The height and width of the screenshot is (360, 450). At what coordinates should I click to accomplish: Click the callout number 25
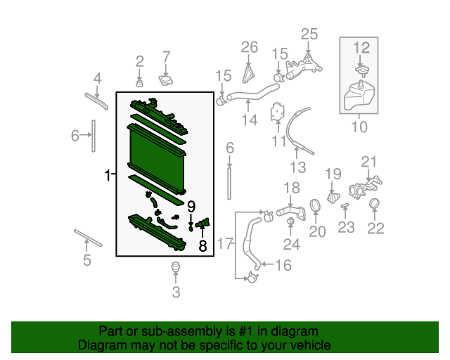(x=309, y=34)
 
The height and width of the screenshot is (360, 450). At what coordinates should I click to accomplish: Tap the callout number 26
(x=250, y=47)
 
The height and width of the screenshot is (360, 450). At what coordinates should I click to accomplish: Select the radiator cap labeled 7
(x=166, y=79)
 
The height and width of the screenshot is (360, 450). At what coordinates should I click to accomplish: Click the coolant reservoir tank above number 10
(x=359, y=96)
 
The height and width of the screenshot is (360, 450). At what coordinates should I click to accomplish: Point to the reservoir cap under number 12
(x=362, y=70)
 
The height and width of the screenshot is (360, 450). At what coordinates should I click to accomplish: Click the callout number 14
(x=250, y=120)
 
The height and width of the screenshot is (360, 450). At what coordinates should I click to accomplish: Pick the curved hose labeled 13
(x=298, y=129)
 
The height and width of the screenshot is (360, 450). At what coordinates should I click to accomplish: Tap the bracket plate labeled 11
(x=277, y=112)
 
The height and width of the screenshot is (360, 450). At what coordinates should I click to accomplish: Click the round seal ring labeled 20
(x=315, y=205)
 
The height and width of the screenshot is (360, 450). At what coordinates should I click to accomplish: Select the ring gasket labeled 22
(x=374, y=203)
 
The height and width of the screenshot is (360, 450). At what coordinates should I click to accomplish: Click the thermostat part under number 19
(x=333, y=198)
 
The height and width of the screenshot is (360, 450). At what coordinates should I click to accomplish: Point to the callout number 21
(x=368, y=162)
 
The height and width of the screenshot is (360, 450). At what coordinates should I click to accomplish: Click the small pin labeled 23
(x=345, y=205)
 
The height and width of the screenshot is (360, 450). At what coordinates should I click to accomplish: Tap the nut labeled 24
(x=290, y=221)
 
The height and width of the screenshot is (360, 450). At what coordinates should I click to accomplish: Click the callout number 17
(x=225, y=243)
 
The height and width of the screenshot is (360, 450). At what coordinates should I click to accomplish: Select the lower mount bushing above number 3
(x=176, y=266)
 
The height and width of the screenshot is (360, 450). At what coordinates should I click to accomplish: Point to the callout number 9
(x=191, y=207)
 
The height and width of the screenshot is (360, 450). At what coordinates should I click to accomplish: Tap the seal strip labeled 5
(x=88, y=238)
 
